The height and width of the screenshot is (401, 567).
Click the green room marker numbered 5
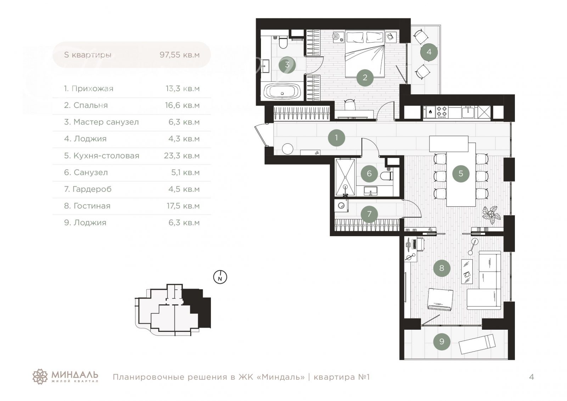pos(461,173)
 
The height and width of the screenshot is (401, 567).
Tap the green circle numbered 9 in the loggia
pos(442,341)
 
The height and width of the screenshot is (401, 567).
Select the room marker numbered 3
pos(287,65)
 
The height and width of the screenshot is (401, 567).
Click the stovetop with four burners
pos(442,112)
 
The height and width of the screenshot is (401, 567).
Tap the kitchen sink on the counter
pos(468,112)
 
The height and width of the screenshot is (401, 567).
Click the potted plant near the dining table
pos(491,215)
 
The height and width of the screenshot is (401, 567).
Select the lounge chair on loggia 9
pos(477,344)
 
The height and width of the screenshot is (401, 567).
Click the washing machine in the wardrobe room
pos(341,206)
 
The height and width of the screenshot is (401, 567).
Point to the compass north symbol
pos(220,277)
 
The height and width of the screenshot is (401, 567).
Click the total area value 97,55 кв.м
pos(179,55)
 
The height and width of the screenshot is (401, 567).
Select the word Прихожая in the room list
pos(92,89)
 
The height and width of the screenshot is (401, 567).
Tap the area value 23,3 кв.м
pos(182,156)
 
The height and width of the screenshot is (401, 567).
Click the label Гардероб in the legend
pos(92,189)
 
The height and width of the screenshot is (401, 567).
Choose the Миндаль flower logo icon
pos(40,377)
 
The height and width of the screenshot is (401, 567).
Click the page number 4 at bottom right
pos(531,377)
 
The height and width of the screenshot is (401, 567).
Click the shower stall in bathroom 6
pos(345,177)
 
